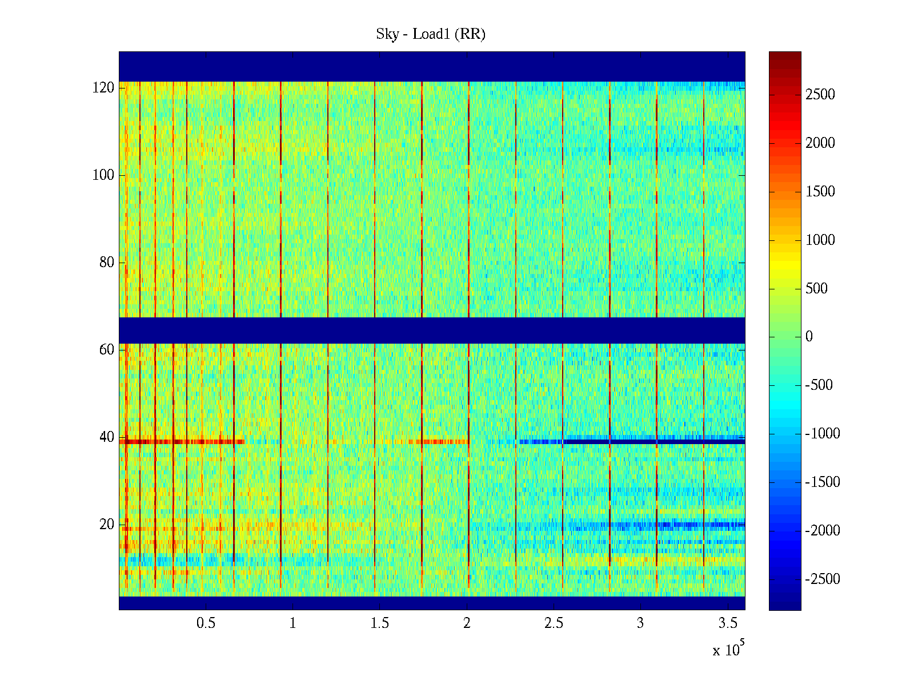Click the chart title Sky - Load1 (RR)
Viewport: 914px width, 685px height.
(x=431, y=34)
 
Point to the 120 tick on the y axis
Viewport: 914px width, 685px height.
(x=103, y=88)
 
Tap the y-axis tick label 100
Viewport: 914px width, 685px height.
(x=103, y=175)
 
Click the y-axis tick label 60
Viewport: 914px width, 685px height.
(x=107, y=350)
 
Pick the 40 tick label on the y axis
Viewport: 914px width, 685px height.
(x=107, y=437)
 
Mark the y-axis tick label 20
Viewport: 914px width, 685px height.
(x=107, y=525)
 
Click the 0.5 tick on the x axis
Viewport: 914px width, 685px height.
(x=206, y=623)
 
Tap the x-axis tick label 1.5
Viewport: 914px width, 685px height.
(x=380, y=623)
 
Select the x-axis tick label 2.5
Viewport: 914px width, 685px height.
(x=554, y=623)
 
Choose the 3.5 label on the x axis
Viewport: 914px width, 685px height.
(x=728, y=623)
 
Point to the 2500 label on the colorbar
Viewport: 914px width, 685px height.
(x=820, y=95)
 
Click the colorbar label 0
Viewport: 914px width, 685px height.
(x=809, y=337)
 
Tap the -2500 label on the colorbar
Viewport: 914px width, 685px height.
(x=823, y=579)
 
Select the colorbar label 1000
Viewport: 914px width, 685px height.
(x=820, y=240)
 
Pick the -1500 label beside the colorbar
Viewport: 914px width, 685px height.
(x=823, y=482)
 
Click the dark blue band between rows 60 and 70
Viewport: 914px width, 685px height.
(x=432, y=330)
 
